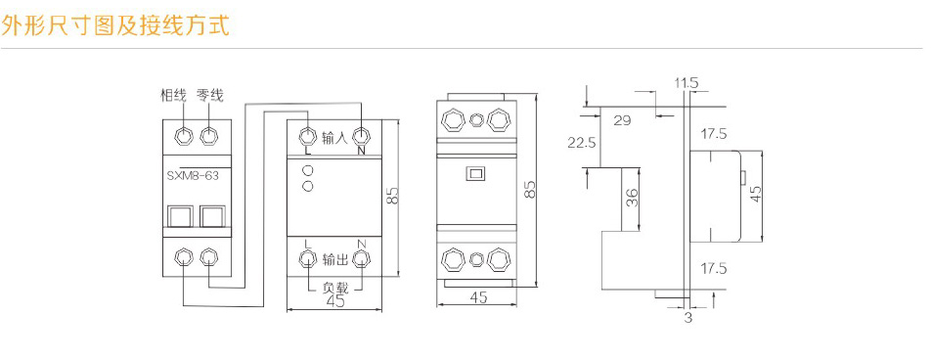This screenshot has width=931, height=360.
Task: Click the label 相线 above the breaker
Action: [173, 96]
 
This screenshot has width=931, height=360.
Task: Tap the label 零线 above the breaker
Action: [210, 96]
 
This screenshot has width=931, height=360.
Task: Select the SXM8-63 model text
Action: [194, 176]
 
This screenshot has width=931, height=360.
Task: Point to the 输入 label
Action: [334, 137]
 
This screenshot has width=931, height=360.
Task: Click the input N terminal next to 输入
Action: [361, 137]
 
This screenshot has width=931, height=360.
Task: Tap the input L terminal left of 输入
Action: [307, 137]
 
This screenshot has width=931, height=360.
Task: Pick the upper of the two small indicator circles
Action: [308, 171]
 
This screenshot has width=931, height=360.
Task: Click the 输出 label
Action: [334, 259]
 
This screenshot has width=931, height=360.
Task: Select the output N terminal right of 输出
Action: [361, 259]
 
